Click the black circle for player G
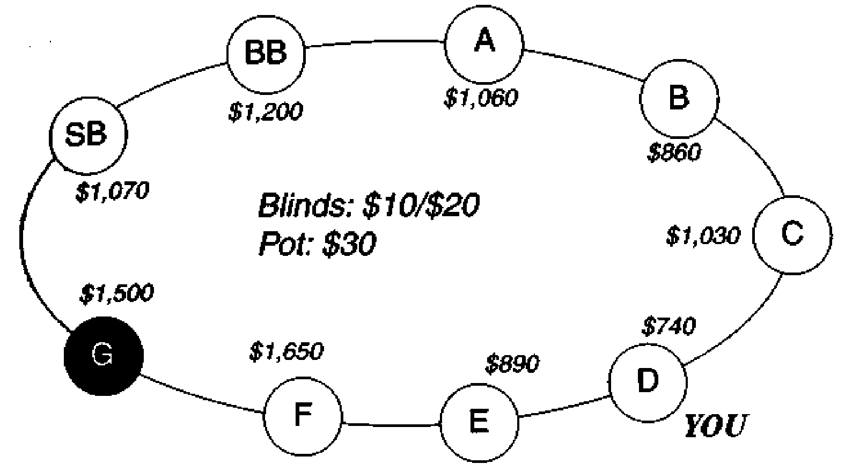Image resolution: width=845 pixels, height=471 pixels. click(104, 356)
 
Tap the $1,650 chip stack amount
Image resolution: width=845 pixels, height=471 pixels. click(286, 351)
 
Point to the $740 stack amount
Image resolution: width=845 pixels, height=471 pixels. click(668, 326)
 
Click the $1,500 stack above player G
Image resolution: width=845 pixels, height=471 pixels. click(116, 292)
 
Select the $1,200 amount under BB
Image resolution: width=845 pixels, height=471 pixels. click(266, 111)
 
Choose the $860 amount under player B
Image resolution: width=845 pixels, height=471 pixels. click(674, 152)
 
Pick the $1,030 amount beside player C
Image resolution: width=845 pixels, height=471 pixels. click(703, 236)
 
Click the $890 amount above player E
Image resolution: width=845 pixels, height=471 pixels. click(512, 364)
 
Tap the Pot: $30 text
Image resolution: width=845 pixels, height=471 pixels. click(317, 244)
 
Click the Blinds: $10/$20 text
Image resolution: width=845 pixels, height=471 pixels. click(369, 205)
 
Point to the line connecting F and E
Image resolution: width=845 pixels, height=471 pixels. click(391, 425)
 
